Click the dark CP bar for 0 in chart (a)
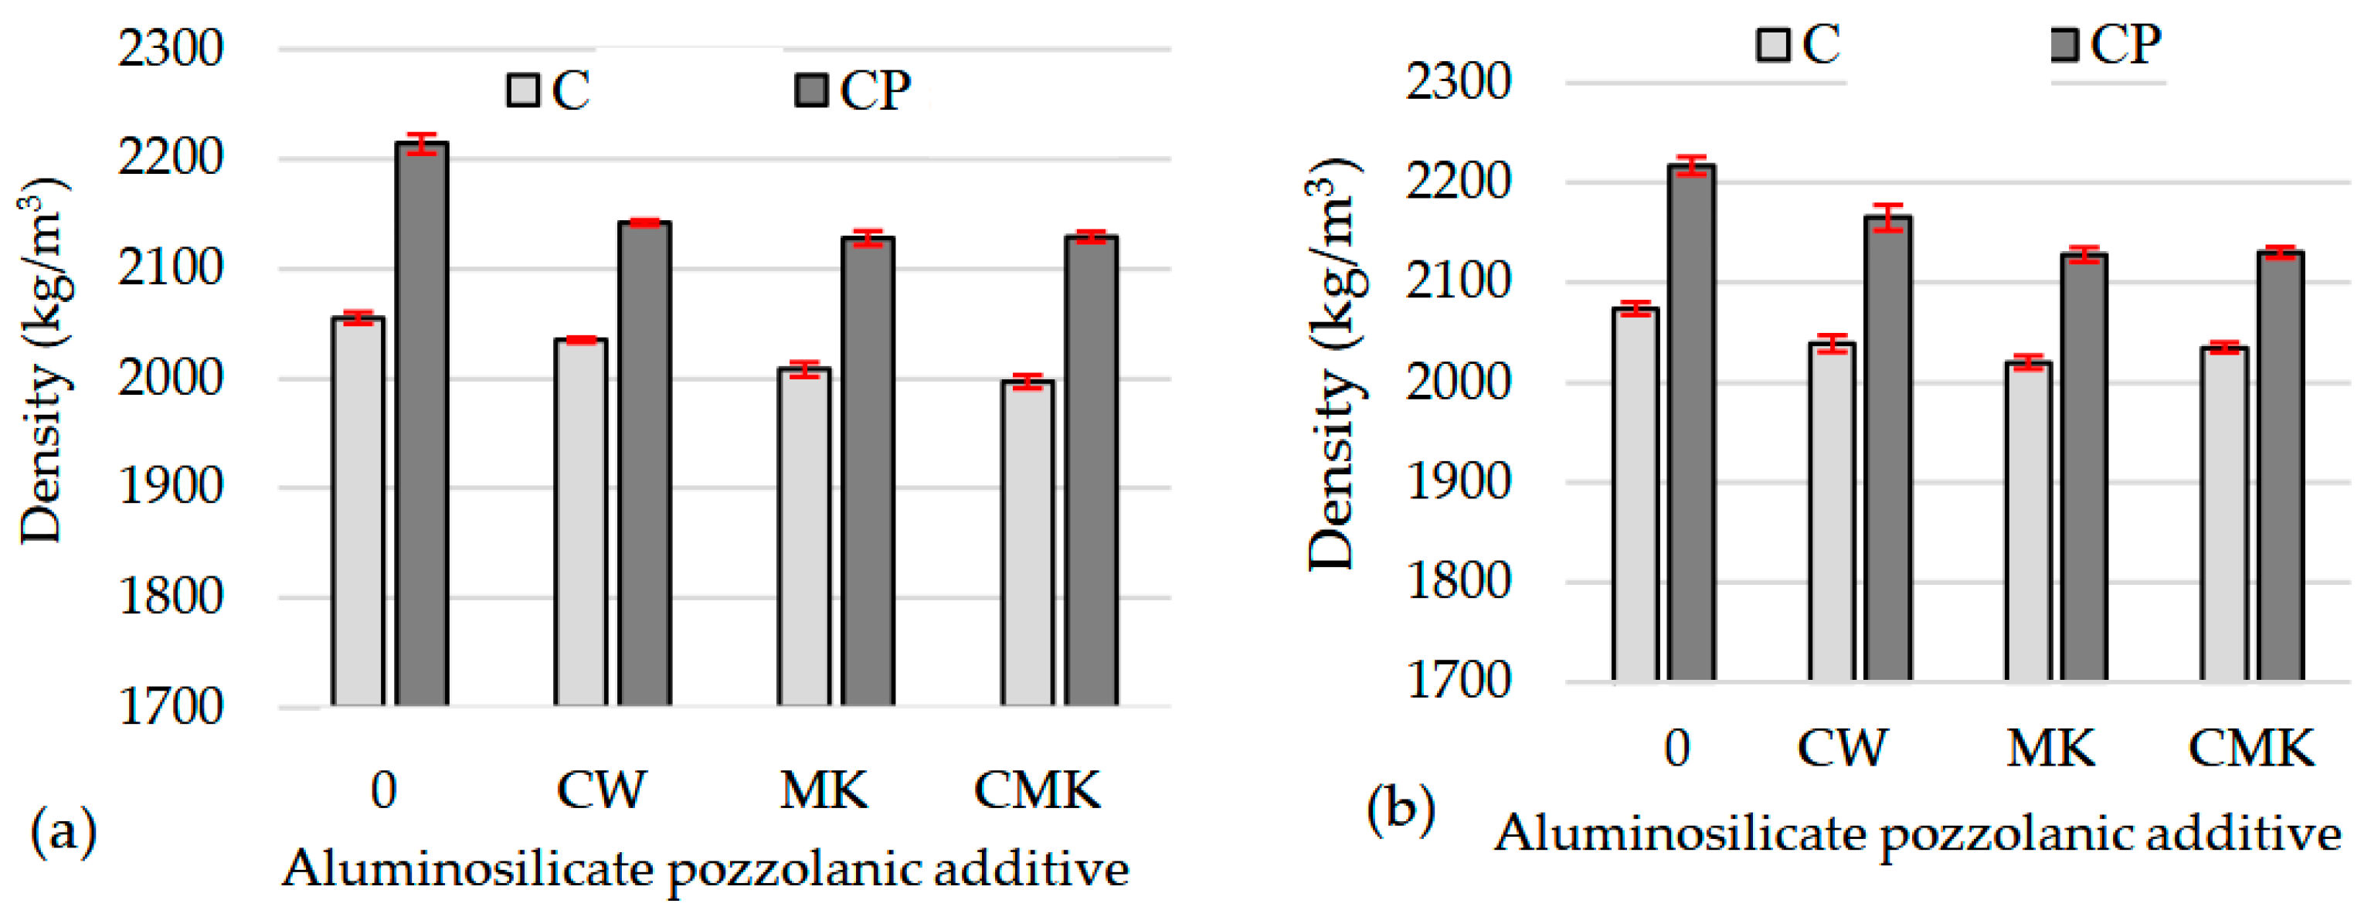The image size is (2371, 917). (422, 423)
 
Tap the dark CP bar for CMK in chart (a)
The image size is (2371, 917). (1091, 470)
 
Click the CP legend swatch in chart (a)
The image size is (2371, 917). (811, 90)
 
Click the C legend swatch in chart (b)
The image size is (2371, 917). (1771, 44)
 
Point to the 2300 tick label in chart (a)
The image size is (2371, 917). (170, 48)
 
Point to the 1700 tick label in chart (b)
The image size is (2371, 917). (1459, 681)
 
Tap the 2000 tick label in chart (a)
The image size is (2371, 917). (170, 378)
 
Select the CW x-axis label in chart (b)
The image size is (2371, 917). (1842, 748)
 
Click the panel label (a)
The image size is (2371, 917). (63, 831)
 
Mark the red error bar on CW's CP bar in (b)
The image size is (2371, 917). (1888, 217)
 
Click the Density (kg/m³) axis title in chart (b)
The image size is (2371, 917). (1332, 364)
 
